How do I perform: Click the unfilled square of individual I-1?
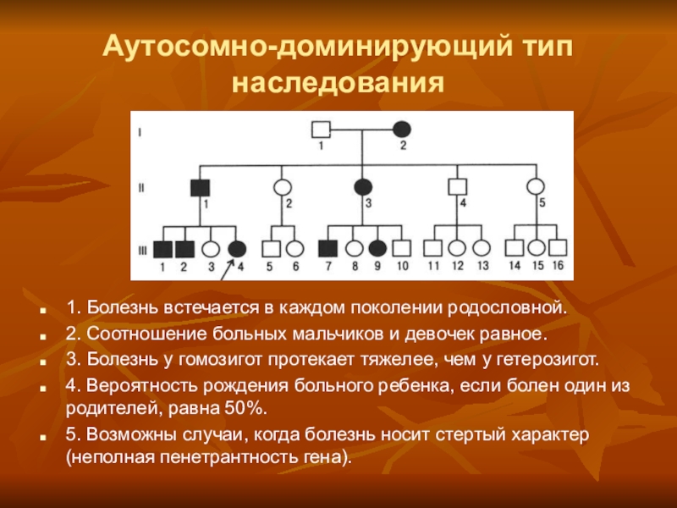(322, 130)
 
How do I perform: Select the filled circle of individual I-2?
(403, 130)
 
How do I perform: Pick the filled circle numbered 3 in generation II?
(363, 186)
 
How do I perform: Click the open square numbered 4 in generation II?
(458, 186)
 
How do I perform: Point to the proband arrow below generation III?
(226, 269)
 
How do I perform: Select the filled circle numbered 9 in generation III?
(378, 248)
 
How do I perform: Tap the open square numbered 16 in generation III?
(557, 248)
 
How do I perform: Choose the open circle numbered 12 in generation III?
(457, 248)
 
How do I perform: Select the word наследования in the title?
(338, 83)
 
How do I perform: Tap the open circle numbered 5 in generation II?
(535, 186)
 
